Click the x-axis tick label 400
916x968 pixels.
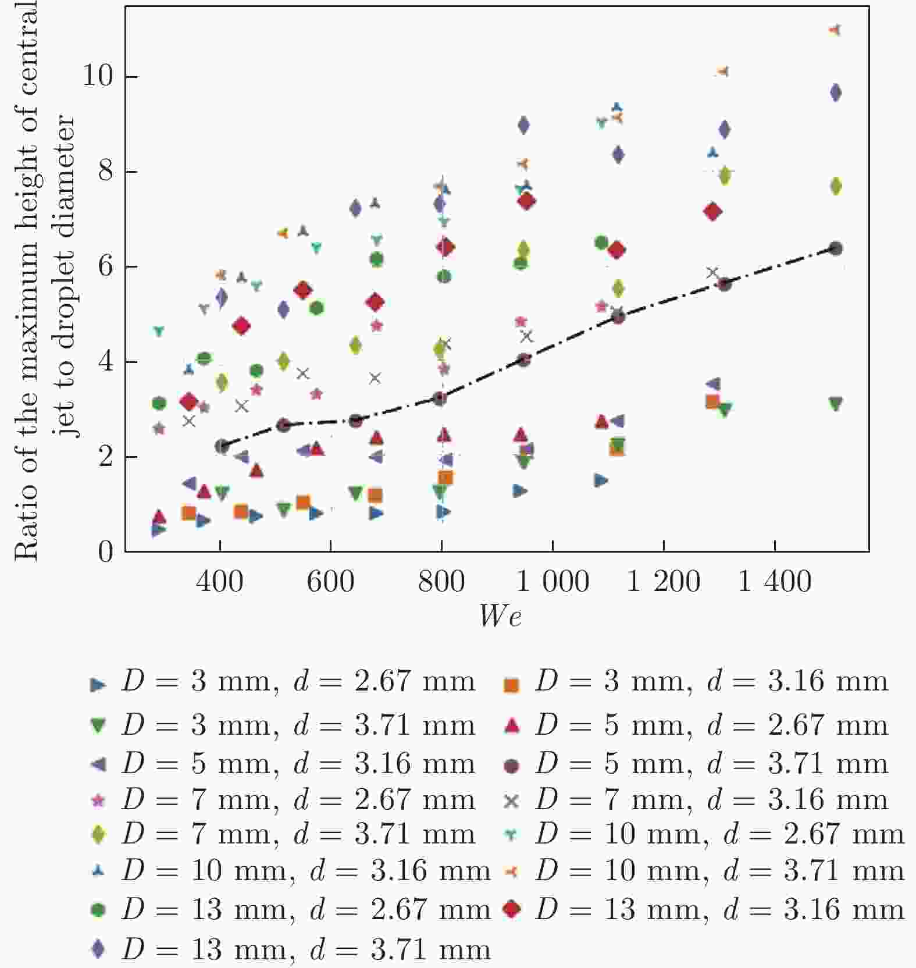tap(219, 581)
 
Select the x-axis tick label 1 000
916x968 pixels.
tap(553, 581)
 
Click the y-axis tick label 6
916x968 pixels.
tap(105, 266)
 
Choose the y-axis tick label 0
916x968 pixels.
tap(105, 551)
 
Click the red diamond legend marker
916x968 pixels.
tap(512, 909)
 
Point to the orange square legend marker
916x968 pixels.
tap(511, 685)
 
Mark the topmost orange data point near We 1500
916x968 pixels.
tap(835, 30)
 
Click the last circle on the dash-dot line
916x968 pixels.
tap(836, 249)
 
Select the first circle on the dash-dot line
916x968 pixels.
tap(222, 447)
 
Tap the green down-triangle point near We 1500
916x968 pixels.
tap(836, 404)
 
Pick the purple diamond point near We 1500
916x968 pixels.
tap(836, 92)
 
